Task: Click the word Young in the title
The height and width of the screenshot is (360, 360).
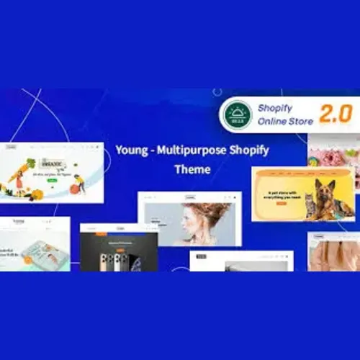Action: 130,149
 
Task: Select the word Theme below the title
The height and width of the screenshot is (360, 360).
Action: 192,170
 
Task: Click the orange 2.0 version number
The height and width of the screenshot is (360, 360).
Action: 334,114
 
